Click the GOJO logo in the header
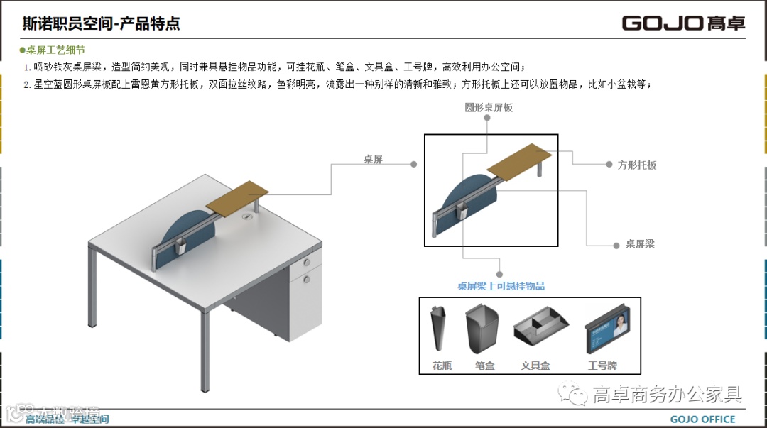coord(683,23)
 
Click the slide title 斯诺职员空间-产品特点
coord(101,23)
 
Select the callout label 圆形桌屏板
coord(489,108)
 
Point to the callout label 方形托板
coord(637,165)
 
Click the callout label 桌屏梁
coord(640,244)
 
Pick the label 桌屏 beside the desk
coord(374,160)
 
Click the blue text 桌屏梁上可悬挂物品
coord(501,286)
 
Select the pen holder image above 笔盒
coord(482,331)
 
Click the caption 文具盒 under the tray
coord(535,366)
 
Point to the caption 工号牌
coord(602,366)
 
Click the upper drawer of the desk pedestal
coord(306,266)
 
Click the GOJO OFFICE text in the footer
coord(702,419)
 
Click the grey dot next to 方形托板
coord(609,164)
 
